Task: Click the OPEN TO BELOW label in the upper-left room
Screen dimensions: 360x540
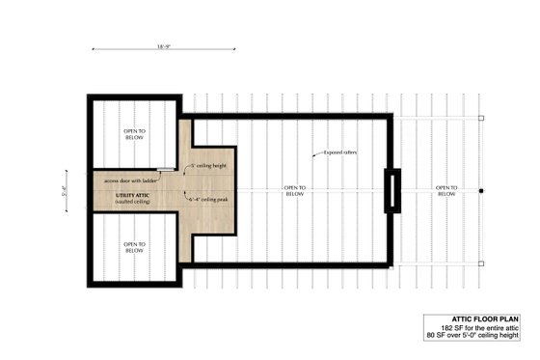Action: pos(134,134)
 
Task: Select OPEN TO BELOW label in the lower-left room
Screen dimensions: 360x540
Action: pos(134,248)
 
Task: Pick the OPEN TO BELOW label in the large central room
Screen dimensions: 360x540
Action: pos(295,190)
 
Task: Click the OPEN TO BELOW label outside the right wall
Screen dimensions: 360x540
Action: pos(445,190)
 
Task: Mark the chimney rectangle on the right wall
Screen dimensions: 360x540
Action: pos(391,190)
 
